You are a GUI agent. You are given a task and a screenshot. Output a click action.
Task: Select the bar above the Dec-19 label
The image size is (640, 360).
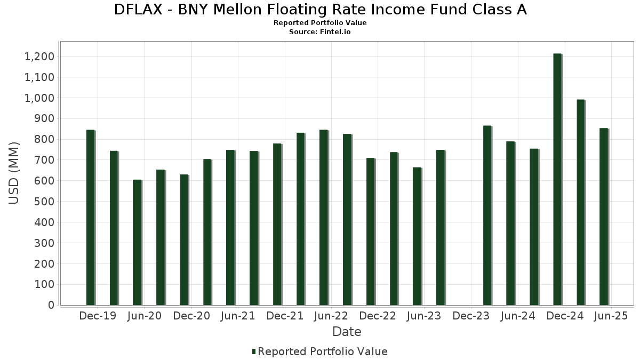90,218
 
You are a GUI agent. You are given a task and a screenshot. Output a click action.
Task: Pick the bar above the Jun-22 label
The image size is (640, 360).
324,218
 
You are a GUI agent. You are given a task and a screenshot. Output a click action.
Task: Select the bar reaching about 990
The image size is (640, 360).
580,203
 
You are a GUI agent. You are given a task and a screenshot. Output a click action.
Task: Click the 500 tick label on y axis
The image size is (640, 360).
44,202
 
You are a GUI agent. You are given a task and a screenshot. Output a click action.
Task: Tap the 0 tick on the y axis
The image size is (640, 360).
51,305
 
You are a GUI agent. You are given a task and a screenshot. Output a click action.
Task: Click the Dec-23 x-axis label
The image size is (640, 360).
471,316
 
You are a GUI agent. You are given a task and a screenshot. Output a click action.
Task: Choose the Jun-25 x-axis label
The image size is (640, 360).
611,316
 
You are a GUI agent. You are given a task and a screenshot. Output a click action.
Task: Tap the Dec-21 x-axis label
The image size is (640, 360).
285,316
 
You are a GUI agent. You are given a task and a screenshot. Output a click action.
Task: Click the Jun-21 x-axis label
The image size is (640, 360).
238,316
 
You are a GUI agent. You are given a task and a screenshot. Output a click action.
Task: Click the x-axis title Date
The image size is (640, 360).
347,332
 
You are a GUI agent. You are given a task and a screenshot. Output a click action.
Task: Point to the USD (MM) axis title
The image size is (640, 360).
14,173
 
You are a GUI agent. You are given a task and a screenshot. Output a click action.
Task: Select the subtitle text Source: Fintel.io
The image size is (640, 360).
320,32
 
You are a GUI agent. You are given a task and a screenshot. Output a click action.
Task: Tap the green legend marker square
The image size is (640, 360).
254,351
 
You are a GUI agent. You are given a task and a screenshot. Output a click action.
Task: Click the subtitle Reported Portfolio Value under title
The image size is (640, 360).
320,23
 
